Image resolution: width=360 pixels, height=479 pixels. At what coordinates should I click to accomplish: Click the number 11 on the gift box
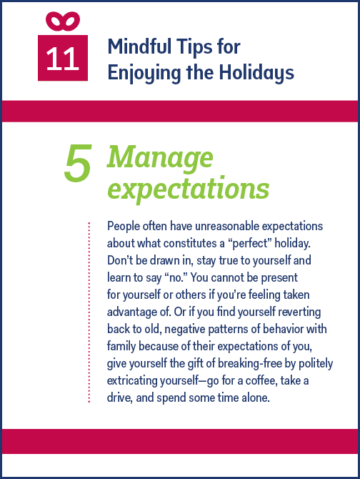[x=63, y=59]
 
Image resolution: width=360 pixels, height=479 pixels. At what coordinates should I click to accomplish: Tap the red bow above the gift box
[x=63, y=21]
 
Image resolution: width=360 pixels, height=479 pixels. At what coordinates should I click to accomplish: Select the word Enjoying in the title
[x=144, y=73]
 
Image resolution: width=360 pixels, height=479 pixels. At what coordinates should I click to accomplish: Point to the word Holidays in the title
[x=256, y=73]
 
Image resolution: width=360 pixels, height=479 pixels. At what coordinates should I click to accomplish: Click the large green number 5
[x=78, y=163]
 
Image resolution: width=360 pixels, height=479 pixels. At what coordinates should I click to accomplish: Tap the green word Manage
[x=160, y=157]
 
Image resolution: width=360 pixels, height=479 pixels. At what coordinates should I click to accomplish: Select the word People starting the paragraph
[x=124, y=227]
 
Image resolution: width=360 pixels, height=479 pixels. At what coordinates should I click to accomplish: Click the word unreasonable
[x=227, y=226]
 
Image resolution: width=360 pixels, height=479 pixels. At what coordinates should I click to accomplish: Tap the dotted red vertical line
[x=89, y=312]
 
